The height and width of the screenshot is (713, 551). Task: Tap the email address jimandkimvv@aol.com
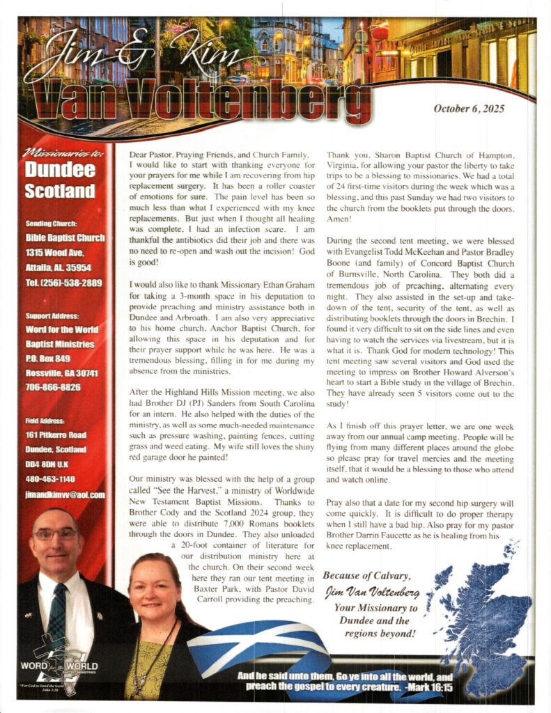point(64,495)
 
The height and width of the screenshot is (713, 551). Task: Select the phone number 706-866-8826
point(54,387)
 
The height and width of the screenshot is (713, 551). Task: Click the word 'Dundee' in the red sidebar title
point(59,169)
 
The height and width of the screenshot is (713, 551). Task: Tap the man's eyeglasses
point(56,535)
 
